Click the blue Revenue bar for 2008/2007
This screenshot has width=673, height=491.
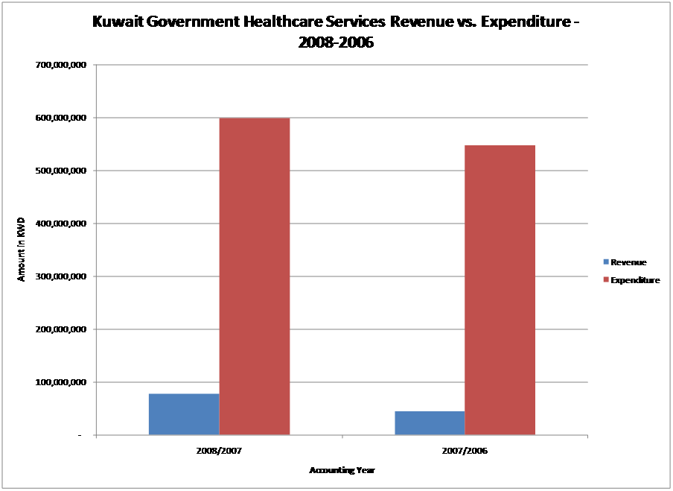[184, 414]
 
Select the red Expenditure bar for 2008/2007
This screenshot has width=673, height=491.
[255, 276]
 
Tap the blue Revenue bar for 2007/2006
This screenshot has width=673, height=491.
[430, 423]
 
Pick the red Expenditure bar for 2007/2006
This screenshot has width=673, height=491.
[500, 290]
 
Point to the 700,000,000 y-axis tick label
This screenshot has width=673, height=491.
[62, 65]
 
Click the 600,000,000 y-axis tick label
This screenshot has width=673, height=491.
[62, 118]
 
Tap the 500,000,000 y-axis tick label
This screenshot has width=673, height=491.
[62, 171]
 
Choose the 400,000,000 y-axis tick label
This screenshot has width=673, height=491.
[62, 224]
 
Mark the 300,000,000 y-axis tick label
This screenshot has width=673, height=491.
[62, 276]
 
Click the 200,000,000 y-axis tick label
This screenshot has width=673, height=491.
[62, 329]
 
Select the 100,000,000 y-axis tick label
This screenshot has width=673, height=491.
[62, 382]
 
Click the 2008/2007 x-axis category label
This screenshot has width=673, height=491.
[219, 452]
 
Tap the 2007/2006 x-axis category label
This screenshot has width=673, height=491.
[465, 452]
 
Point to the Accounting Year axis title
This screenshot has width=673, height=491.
[342, 470]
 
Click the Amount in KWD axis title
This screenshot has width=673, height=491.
[22, 250]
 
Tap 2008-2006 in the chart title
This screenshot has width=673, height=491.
[336, 42]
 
